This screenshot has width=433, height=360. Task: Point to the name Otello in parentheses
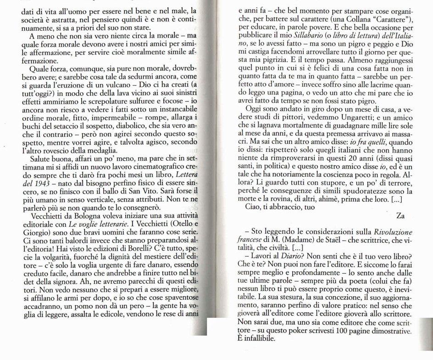coord(176,224)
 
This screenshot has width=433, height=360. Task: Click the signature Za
coord(400,215)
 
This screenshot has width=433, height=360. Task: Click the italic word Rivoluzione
coord(393,232)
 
